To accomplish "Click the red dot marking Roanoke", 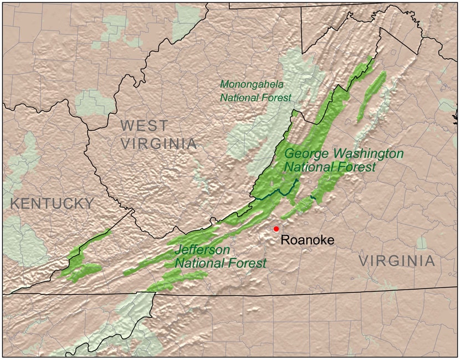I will coord(276,229).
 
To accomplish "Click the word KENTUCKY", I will coord(52,203).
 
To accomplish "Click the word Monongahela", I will coord(252,85).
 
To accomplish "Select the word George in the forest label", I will coord(303,153).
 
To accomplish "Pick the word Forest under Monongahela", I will coord(278,98).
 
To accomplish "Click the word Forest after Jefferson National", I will coord(247,263).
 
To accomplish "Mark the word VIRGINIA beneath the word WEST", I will coord(159,144).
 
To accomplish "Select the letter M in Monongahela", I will coord(224,85).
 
